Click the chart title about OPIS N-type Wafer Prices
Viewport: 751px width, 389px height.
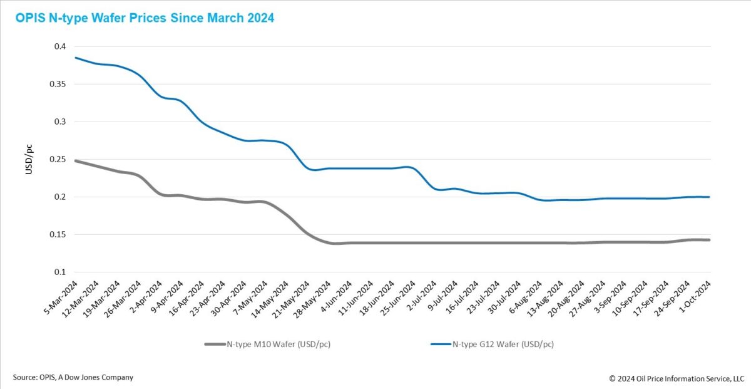[x=145, y=18]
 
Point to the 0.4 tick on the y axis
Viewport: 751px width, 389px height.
[x=59, y=47]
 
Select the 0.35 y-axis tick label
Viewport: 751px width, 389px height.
[x=58, y=84]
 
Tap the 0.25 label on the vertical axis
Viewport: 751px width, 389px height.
[x=58, y=159]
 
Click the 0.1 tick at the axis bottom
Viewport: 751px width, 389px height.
[x=59, y=272]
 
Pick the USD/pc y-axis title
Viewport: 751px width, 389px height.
[x=29, y=159]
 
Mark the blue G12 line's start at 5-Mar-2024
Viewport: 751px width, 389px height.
[x=75, y=58]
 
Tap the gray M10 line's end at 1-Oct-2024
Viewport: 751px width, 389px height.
[x=709, y=240]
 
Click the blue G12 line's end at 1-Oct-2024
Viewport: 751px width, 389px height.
[x=709, y=197]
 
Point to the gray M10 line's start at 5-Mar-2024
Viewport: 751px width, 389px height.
[x=75, y=161]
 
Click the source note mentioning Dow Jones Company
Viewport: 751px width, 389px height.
[x=73, y=377]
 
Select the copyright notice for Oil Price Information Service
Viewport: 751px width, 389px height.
[x=676, y=378]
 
